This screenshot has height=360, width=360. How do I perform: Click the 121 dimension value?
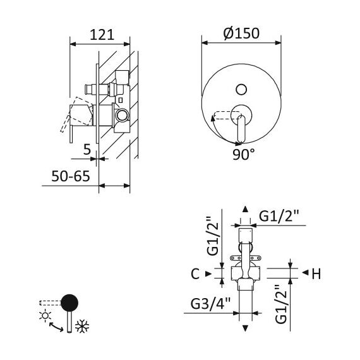click(x=102, y=35)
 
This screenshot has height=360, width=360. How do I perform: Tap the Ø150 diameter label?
click(x=241, y=33)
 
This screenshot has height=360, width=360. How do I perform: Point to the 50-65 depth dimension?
click(x=71, y=176)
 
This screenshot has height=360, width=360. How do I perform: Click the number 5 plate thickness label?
click(x=87, y=150)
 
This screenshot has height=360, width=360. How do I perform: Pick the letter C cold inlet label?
click(x=195, y=273)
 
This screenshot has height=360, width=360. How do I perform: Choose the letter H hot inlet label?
click(x=316, y=273)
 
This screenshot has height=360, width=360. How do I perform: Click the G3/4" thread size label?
click(x=210, y=304)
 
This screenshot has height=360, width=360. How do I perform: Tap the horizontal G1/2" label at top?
click(x=279, y=216)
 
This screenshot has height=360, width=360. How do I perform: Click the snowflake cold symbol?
click(x=82, y=326)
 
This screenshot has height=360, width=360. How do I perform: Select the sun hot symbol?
click(x=45, y=316)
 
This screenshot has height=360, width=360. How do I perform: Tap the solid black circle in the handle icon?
click(x=69, y=303)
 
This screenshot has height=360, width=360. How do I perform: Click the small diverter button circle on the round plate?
click(x=241, y=90)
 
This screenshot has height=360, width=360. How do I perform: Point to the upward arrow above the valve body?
click(x=246, y=209)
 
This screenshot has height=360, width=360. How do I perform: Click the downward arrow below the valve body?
click(x=246, y=328)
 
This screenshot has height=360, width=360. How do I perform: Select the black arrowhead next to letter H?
click(x=305, y=273)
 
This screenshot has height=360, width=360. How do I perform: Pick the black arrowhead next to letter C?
click(x=208, y=273)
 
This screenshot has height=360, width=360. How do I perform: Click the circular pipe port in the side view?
click(x=122, y=115)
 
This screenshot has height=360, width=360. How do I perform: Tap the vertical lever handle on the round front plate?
click(x=241, y=129)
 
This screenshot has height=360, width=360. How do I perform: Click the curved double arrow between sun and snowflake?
click(x=56, y=327)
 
